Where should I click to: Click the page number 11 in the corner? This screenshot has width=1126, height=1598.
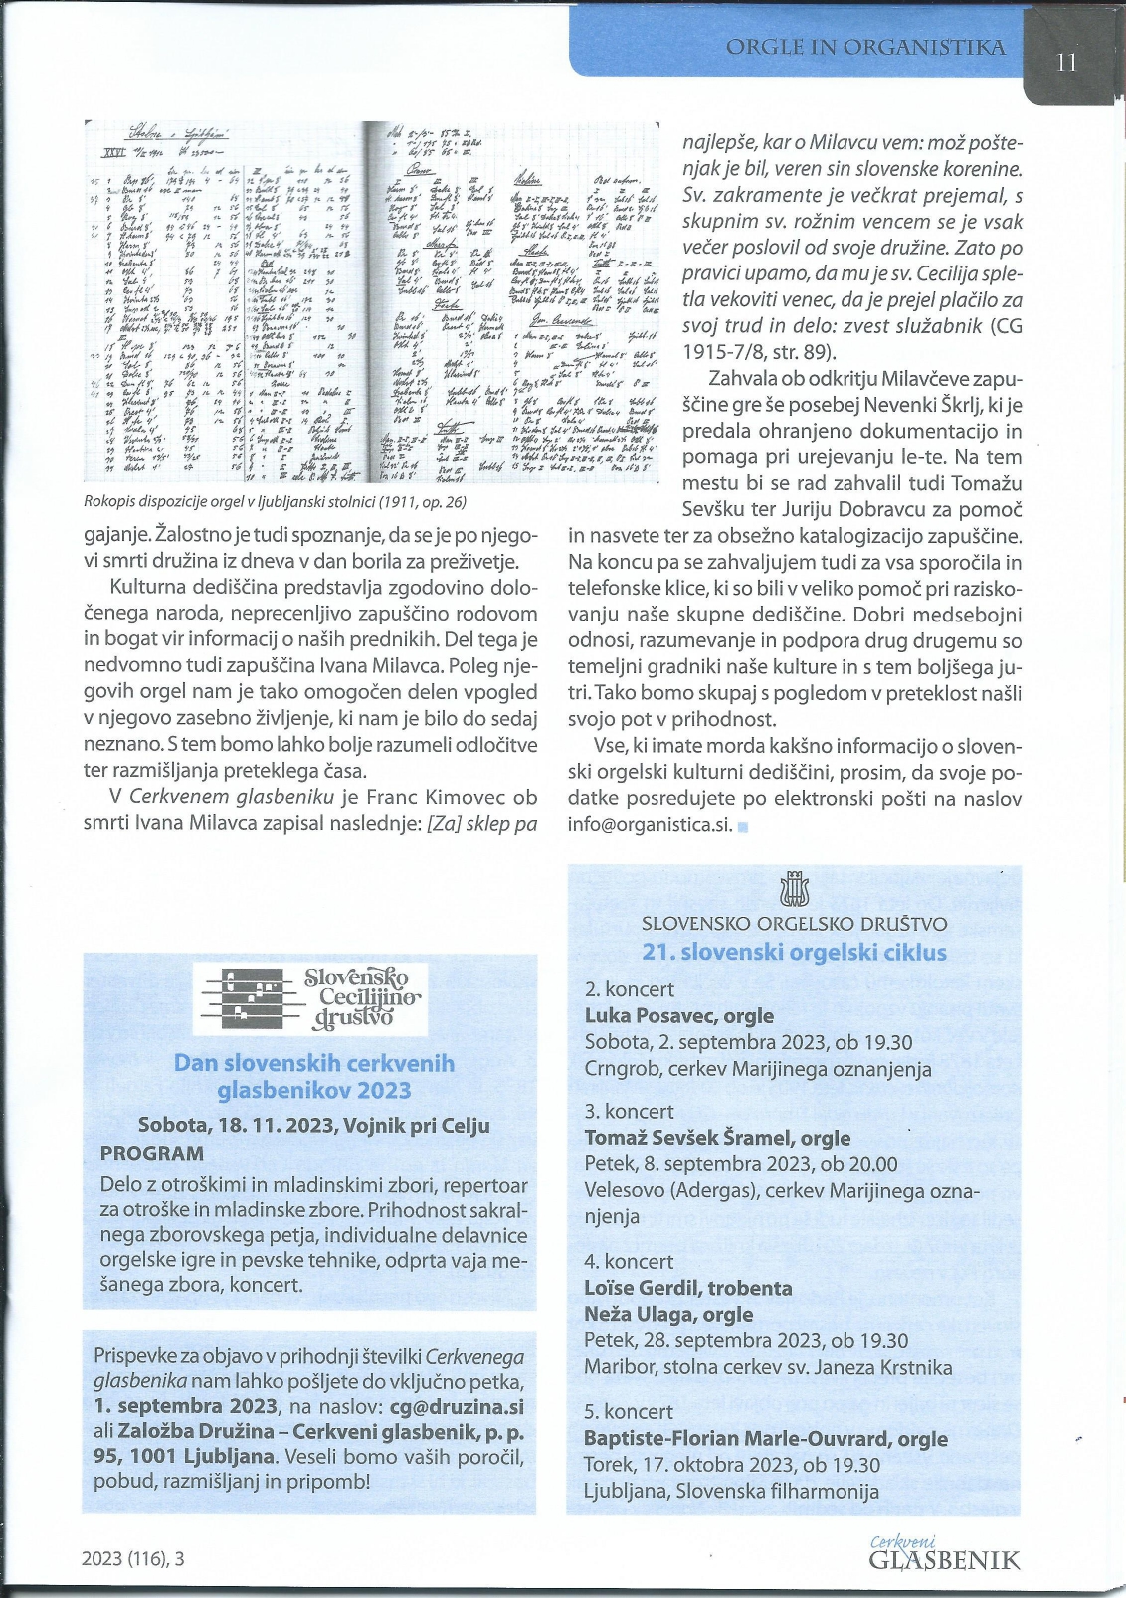(x=1066, y=62)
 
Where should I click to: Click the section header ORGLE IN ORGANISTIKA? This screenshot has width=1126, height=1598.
(x=865, y=47)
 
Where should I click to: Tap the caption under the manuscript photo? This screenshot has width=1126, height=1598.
(x=276, y=502)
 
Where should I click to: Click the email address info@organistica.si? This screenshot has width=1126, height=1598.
(x=650, y=824)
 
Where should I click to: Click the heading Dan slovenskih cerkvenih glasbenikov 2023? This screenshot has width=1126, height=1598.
(x=313, y=1077)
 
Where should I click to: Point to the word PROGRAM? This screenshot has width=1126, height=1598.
(x=151, y=1154)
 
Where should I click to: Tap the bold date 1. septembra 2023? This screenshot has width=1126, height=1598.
(x=186, y=1407)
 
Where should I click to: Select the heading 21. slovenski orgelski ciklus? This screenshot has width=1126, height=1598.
(x=794, y=952)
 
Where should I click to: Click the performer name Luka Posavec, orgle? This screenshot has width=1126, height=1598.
(x=678, y=1015)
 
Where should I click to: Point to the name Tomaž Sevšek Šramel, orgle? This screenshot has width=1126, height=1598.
(x=716, y=1138)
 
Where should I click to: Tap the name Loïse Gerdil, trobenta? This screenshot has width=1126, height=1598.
(x=687, y=1288)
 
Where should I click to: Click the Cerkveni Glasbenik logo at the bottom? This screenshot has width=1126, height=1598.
(x=943, y=1553)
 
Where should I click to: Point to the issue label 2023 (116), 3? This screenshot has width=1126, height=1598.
(x=133, y=1559)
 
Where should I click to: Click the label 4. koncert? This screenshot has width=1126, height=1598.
(x=629, y=1261)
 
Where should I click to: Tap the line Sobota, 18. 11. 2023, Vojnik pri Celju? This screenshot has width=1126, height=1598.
(x=313, y=1126)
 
